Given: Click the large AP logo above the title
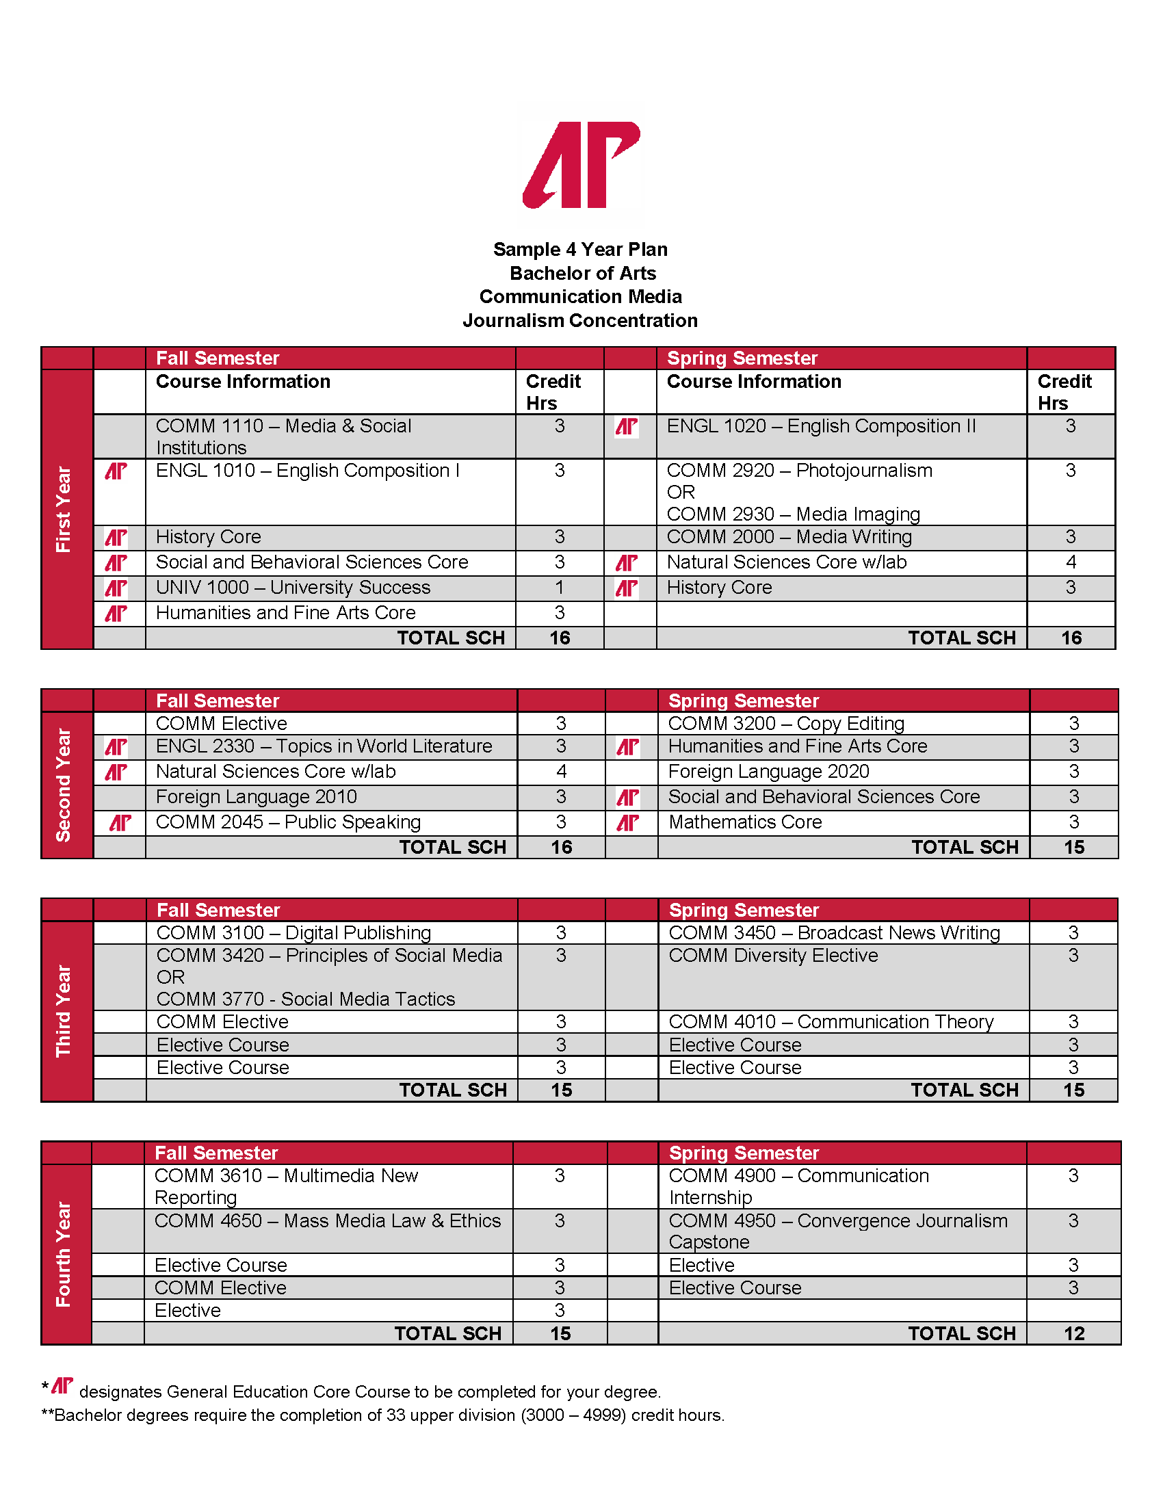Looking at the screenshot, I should [581, 166].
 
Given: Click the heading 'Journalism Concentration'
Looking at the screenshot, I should [580, 320].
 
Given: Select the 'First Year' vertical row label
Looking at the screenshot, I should [64, 508].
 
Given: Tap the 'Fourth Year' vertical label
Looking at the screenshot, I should [64, 1253].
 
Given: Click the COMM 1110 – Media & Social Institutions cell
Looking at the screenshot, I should [283, 436].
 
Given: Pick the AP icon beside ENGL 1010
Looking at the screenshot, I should [116, 471].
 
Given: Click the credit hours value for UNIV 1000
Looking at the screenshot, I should [560, 588].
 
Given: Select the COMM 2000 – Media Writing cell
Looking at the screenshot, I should [789, 537].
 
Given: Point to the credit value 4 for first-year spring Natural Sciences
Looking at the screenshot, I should [1071, 562].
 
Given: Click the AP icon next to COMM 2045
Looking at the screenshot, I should [120, 823].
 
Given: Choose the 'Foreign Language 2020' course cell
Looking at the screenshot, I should [768, 772].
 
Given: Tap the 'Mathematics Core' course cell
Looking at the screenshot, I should [745, 822].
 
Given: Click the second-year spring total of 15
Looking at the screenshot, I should [1073, 848].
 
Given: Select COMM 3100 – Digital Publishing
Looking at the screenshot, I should [293, 933].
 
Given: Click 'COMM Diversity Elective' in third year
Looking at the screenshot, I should [773, 956].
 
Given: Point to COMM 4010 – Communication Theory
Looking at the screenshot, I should [831, 1022].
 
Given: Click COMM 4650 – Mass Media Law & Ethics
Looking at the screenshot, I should [327, 1221].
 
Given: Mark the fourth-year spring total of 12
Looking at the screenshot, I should [1073, 1333].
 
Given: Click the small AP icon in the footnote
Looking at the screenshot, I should [62, 1385].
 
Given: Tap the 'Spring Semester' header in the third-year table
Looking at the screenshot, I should [744, 911].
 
